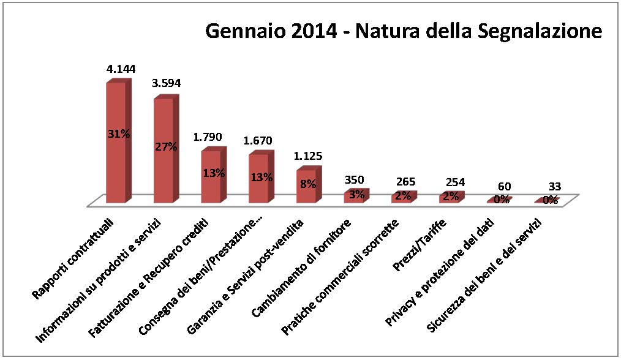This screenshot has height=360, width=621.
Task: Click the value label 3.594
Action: coord(166,83)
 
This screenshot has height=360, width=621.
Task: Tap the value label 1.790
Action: coord(207,137)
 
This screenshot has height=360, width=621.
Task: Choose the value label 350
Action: coord(355,180)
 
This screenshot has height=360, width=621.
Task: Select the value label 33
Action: coord(554,186)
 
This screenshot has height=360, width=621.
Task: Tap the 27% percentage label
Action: coord(166,147)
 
